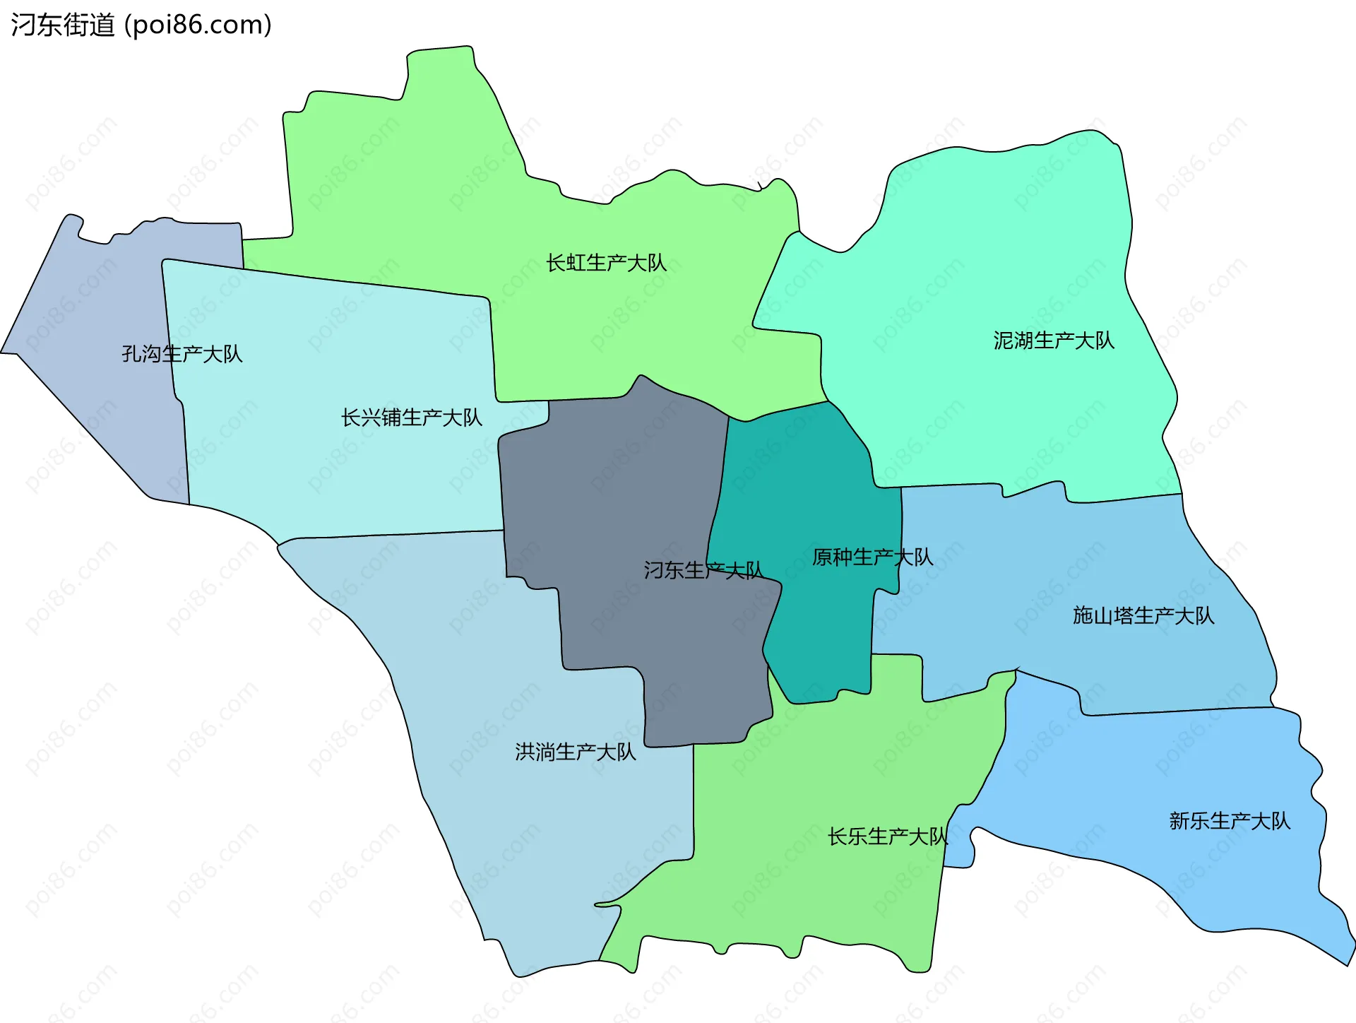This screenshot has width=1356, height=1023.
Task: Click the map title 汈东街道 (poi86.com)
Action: [x=141, y=25]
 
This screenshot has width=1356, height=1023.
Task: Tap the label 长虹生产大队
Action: [x=606, y=263]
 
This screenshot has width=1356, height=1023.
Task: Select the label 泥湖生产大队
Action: [x=1053, y=341]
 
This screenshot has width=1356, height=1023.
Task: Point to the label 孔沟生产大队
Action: [x=182, y=353]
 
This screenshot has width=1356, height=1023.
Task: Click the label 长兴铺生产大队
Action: [x=411, y=418]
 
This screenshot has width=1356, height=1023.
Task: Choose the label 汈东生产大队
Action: [x=703, y=570]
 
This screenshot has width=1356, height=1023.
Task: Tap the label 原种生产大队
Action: [x=872, y=557]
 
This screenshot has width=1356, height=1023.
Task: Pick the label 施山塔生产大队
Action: [x=1143, y=615]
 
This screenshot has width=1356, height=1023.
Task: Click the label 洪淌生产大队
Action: [x=575, y=752]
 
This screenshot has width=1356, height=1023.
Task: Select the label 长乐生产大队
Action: [x=887, y=836]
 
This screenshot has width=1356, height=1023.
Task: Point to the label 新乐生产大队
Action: [x=1229, y=820]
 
